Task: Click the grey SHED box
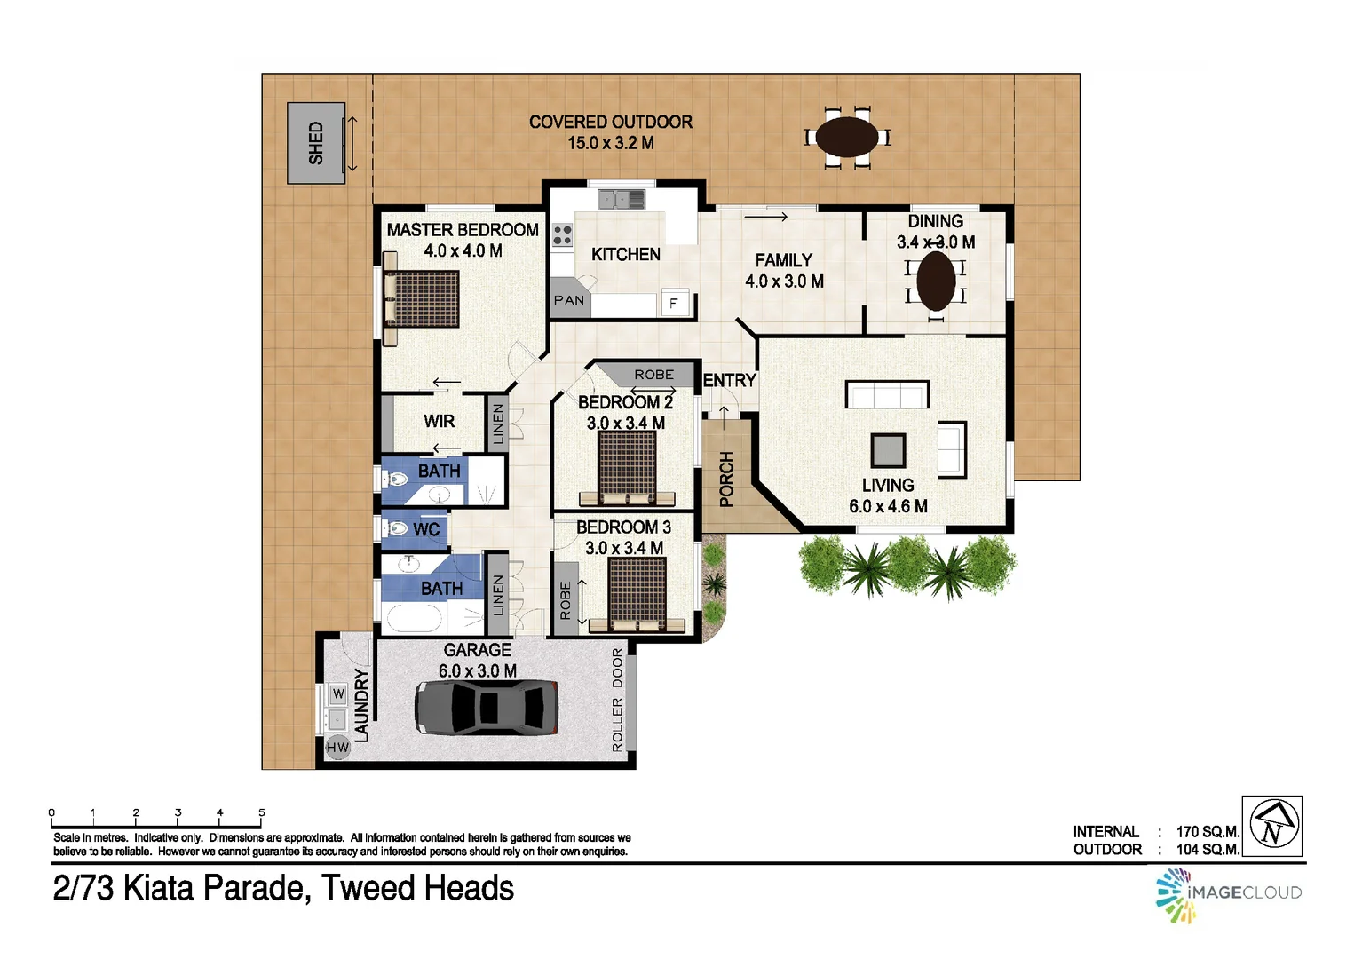pos(315,143)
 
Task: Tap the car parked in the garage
pos(487,707)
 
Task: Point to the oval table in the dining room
pos(935,281)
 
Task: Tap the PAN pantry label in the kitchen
pos(569,300)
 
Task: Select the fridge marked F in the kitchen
pos(674,304)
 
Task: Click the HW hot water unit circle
pos(337,748)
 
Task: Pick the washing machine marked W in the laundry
pos(337,693)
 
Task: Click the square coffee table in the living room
pos(887,450)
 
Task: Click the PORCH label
pos(726,479)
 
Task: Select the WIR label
pos(439,421)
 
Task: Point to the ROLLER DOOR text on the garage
pos(618,701)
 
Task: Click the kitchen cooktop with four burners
pos(562,235)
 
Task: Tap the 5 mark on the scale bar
pos(261,812)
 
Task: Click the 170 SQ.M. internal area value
pos(1207,832)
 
